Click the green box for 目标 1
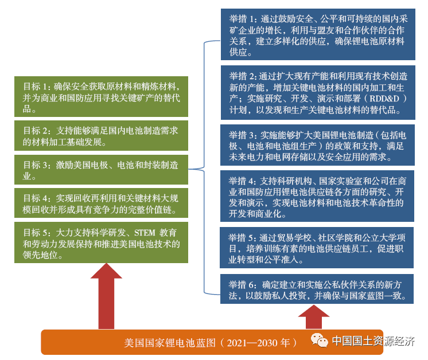(x=101, y=95)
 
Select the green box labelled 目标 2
(x=101, y=135)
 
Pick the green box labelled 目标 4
(x=101, y=204)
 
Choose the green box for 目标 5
(x=101, y=243)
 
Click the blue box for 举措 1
(x=318, y=35)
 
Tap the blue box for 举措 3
(x=318, y=145)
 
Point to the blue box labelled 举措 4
(x=318, y=196)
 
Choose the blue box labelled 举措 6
(x=318, y=289)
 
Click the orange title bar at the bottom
(x=172, y=342)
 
